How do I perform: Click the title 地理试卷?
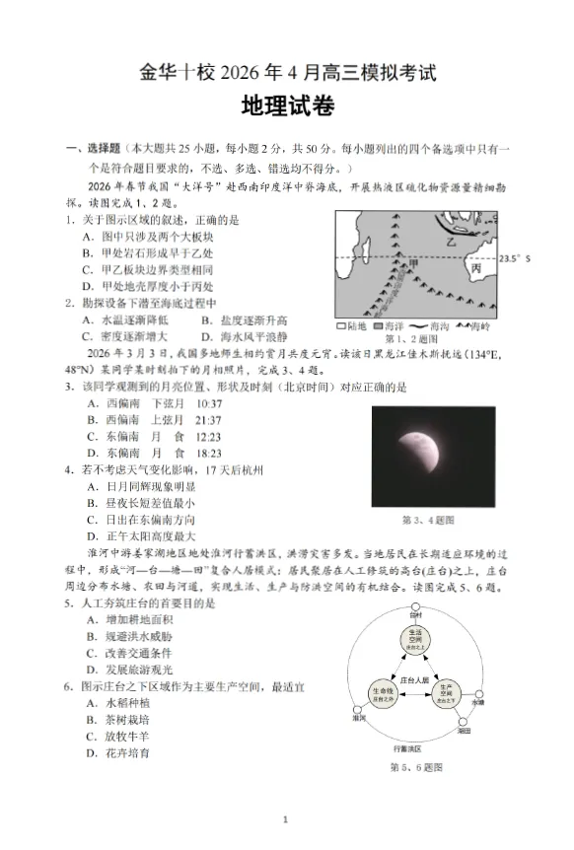(286, 107)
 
